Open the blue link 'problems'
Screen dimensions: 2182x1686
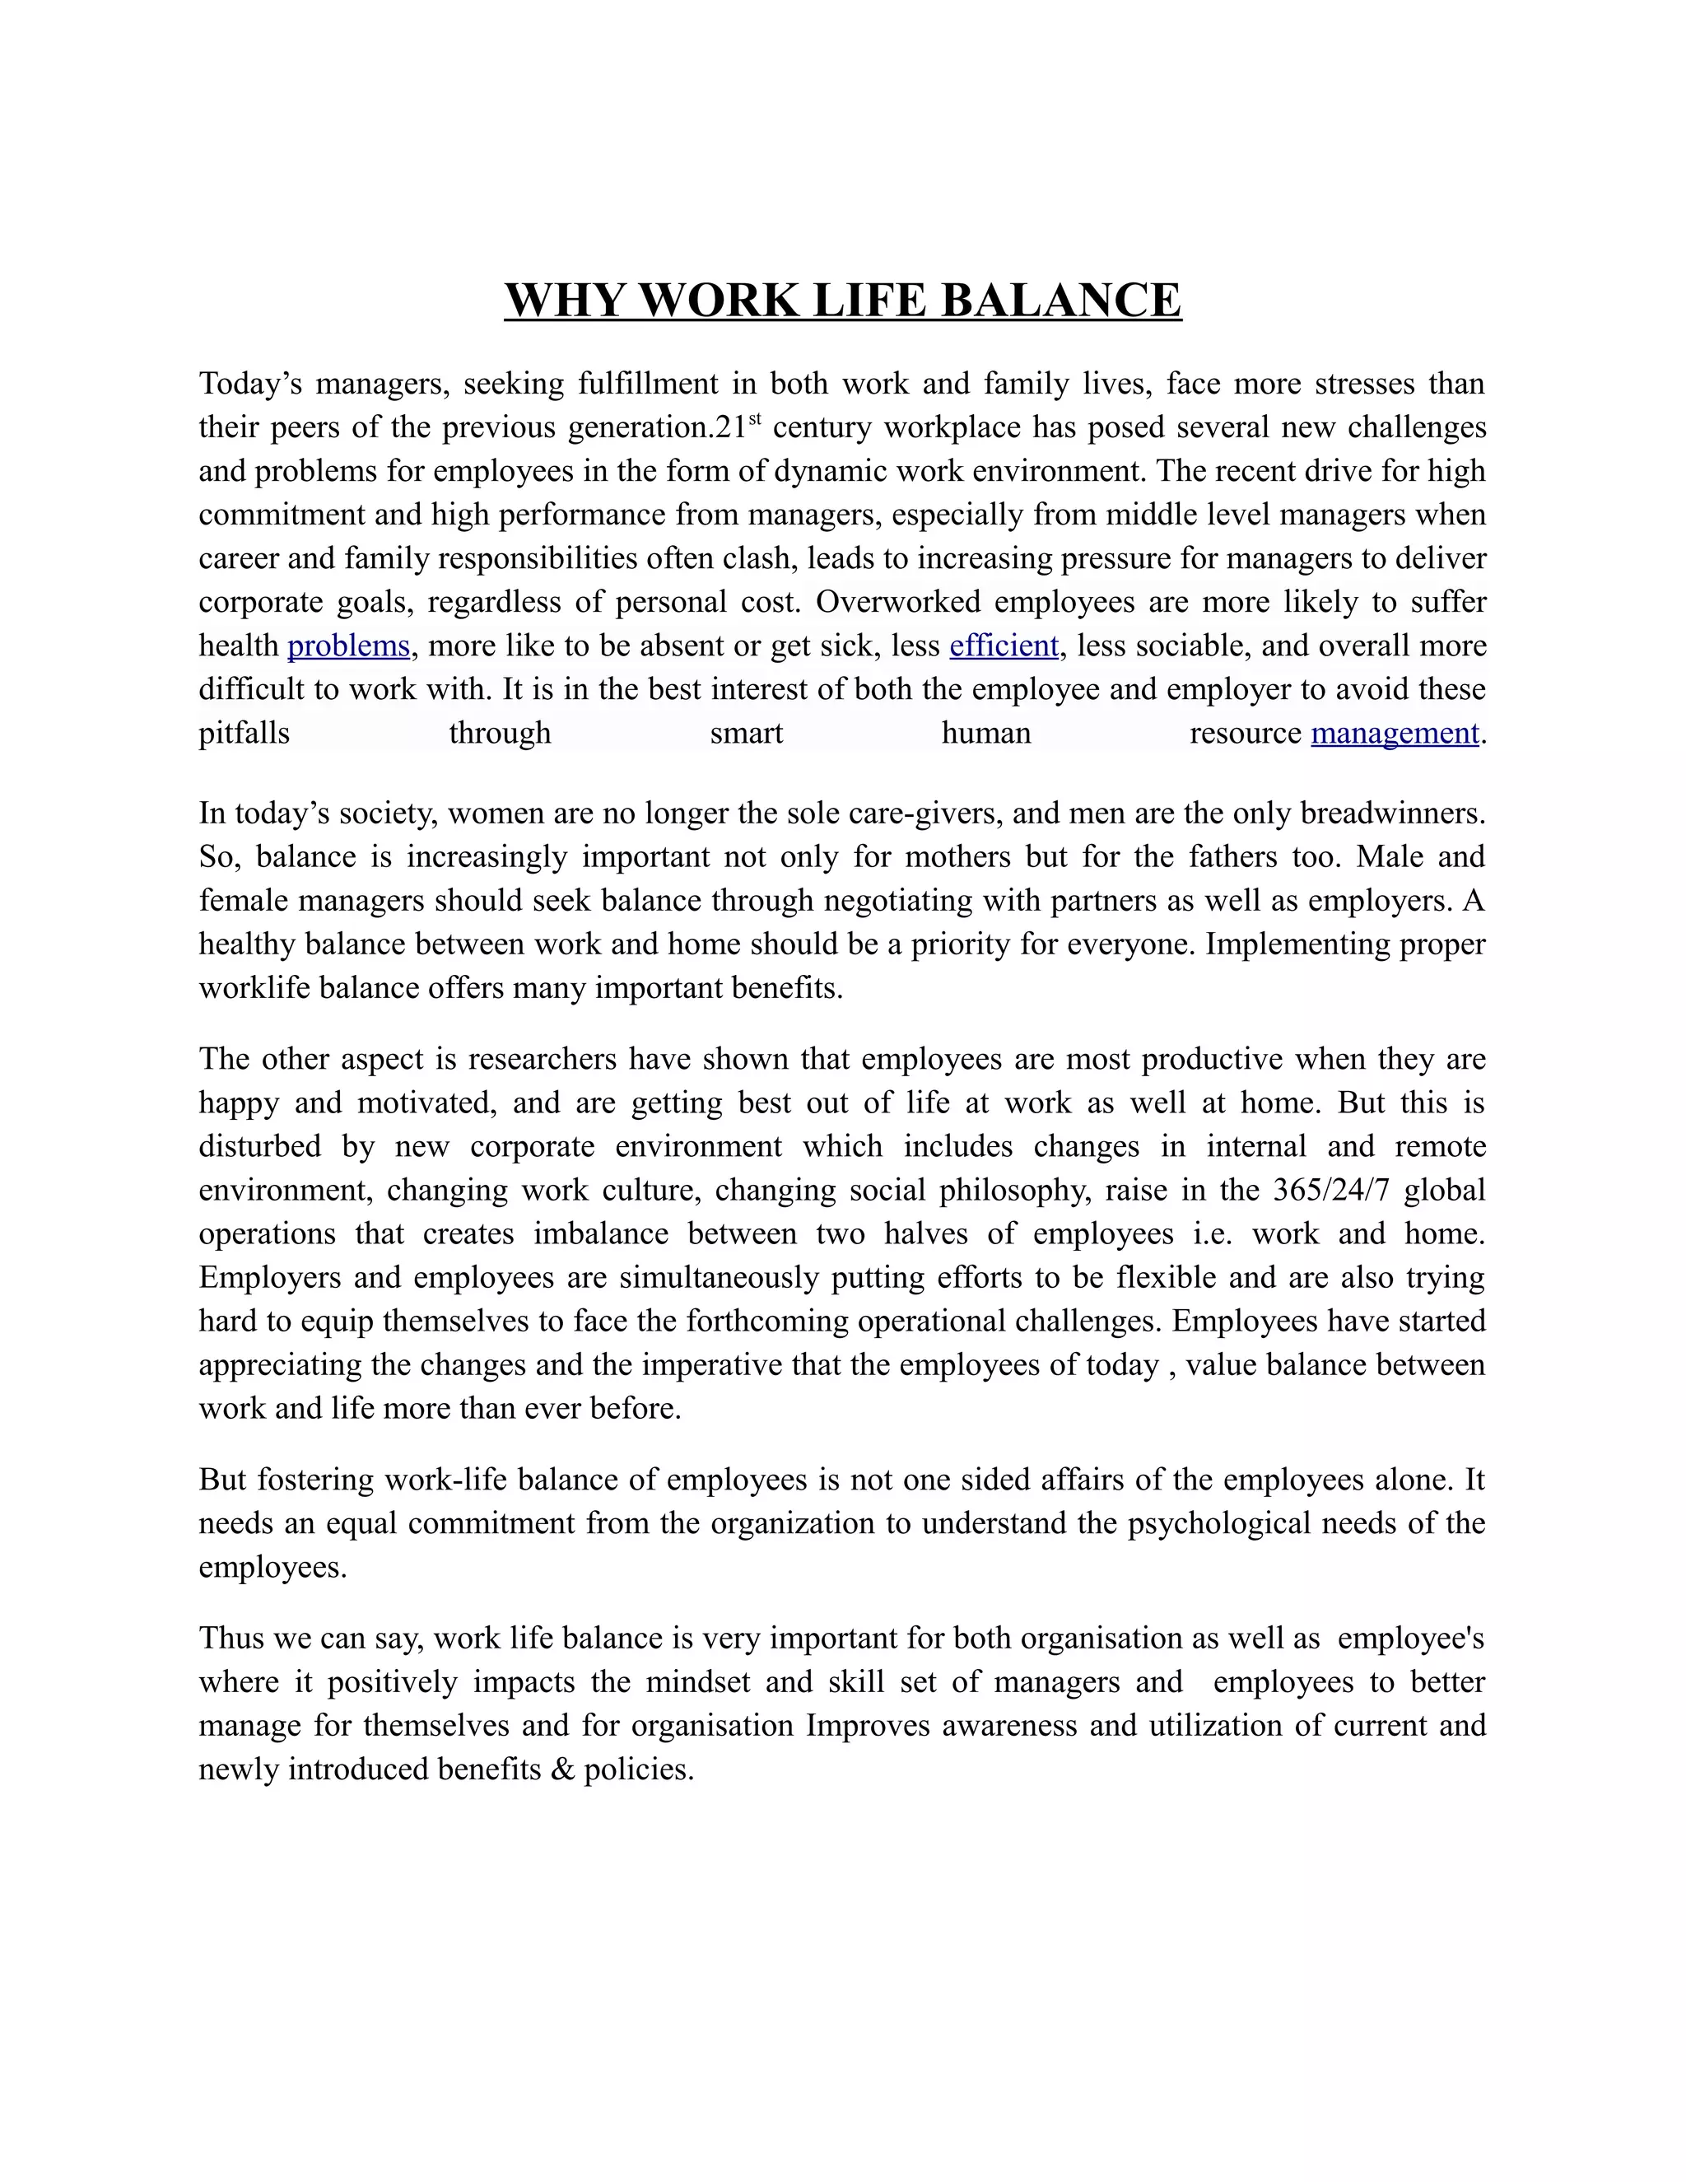pos(348,646)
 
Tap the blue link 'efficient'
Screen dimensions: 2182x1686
pos(1004,646)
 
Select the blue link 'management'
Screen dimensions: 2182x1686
pos(1395,734)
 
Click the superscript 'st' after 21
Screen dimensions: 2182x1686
pos(755,420)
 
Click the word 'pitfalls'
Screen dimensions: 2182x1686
pos(244,734)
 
